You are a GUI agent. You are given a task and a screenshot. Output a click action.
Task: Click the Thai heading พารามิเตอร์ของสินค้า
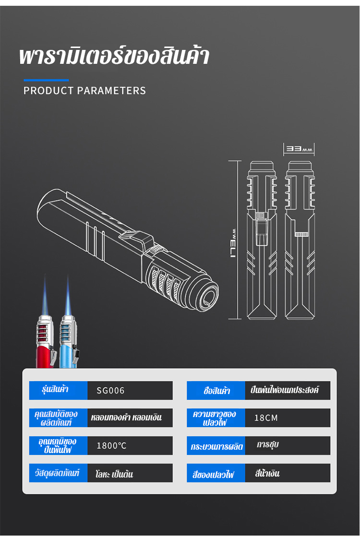tap(114, 56)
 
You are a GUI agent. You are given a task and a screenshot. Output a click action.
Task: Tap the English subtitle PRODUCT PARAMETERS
tap(84, 91)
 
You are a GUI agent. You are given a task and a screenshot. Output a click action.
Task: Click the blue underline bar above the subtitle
tap(46, 80)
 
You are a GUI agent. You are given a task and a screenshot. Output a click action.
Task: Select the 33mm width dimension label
tap(299, 149)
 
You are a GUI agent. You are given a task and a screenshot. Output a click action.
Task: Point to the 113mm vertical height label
tap(233, 242)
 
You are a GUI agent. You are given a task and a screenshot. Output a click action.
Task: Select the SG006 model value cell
tap(130, 391)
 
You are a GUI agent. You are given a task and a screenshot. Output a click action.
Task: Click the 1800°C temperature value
tap(111, 446)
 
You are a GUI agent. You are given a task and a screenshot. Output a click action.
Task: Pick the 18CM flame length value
tap(266, 418)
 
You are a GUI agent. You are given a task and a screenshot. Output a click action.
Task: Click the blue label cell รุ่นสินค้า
tap(59, 391)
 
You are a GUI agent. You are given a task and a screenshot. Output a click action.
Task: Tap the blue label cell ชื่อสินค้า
tap(216, 391)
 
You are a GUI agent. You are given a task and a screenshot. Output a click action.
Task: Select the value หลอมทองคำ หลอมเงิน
tap(126, 418)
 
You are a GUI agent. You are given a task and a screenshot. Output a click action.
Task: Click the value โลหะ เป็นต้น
tap(114, 474)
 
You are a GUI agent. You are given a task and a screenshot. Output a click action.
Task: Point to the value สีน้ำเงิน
tap(267, 474)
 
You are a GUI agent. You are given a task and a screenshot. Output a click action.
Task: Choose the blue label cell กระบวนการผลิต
tap(216, 446)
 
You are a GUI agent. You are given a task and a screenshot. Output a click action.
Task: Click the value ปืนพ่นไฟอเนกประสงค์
tap(285, 390)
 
